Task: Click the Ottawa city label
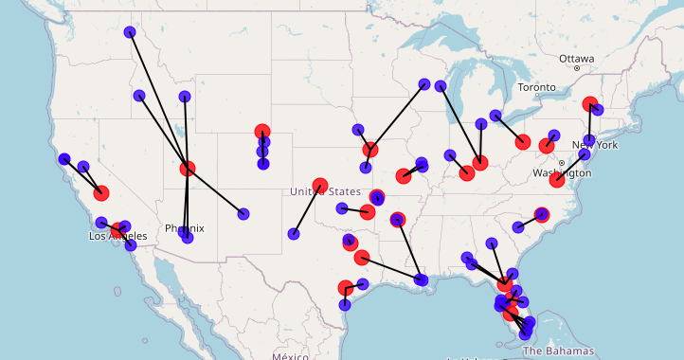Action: click(576, 59)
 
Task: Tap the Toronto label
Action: click(537, 87)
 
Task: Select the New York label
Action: click(594, 145)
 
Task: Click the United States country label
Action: click(326, 192)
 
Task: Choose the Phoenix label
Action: click(184, 228)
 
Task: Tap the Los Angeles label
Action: click(118, 236)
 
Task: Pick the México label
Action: click(290, 356)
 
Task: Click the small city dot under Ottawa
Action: click(576, 68)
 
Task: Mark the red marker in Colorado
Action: click(262, 133)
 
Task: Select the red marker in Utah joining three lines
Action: click(188, 169)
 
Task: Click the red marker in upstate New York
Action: click(590, 104)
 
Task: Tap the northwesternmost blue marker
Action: click(130, 32)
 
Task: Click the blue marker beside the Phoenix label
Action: click(188, 238)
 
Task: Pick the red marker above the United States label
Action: click(320, 185)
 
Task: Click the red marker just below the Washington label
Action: click(557, 180)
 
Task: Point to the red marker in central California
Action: click(101, 193)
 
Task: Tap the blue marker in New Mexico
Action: click(243, 214)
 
